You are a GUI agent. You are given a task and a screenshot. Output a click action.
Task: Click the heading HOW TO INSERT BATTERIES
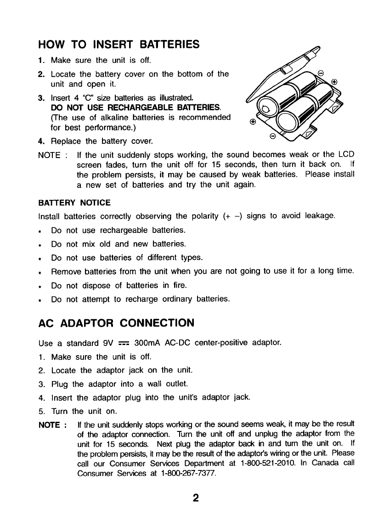click(x=119, y=44)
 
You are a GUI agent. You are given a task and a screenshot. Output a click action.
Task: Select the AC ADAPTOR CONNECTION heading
click(x=116, y=323)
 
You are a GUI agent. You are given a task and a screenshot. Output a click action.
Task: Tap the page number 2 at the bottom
click(x=195, y=498)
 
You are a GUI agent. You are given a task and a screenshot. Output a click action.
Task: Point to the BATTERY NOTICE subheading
click(x=74, y=203)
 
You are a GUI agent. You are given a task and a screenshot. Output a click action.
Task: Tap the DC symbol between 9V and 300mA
click(x=123, y=343)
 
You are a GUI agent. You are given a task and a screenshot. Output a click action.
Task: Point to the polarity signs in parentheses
click(x=232, y=216)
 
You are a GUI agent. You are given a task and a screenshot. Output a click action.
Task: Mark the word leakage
click(x=319, y=216)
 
